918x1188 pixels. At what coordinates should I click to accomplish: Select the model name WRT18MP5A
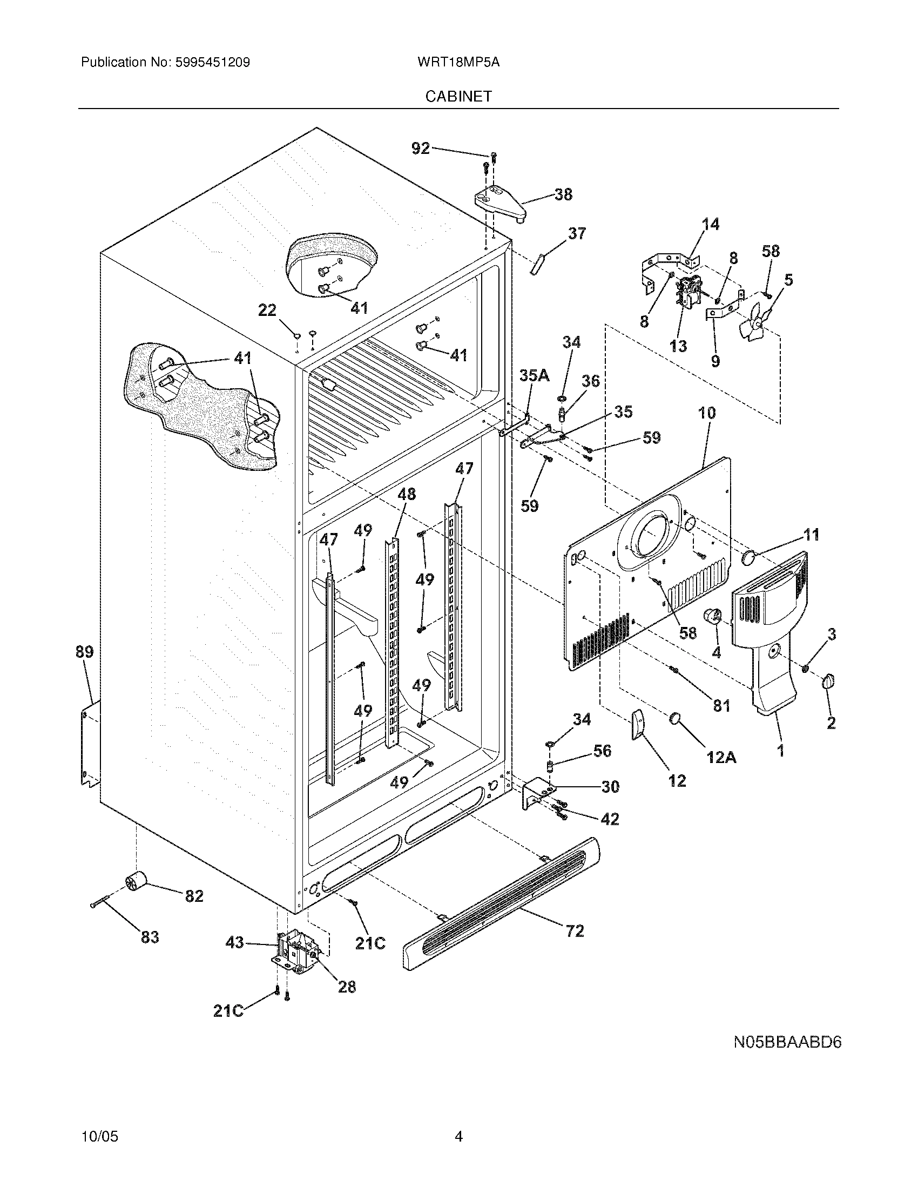(458, 63)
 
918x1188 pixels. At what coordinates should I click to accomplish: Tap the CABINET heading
(458, 97)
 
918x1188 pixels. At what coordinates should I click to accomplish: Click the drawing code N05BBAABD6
(787, 1043)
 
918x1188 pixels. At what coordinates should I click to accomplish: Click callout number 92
(420, 148)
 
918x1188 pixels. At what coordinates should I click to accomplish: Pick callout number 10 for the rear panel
(706, 413)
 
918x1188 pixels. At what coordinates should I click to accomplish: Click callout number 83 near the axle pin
(150, 937)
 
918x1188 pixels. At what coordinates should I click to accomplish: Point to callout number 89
(85, 652)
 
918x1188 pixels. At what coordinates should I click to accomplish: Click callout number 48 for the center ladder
(406, 494)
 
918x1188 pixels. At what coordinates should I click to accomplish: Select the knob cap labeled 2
(829, 681)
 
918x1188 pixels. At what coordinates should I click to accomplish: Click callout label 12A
(721, 757)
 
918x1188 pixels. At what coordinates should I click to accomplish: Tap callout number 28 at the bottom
(347, 986)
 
